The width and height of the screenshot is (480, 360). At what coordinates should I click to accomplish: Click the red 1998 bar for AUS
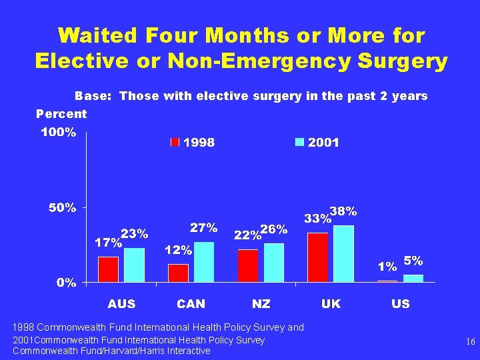click(108, 269)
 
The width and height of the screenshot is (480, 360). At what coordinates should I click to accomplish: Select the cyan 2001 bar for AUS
click(134, 265)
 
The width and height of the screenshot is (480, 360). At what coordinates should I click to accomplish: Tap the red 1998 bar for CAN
click(178, 273)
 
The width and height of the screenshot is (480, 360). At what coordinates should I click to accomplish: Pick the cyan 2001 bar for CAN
click(204, 262)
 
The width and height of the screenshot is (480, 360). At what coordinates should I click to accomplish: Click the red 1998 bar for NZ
click(248, 265)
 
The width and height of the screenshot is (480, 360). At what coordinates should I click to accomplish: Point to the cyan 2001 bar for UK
click(343, 253)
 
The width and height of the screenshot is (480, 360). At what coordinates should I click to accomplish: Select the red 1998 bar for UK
click(318, 257)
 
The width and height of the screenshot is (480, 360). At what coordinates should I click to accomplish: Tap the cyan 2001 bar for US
click(413, 278)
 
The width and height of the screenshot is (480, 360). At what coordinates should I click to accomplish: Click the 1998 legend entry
click(193, 143)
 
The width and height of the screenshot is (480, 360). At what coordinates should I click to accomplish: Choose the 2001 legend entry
click(317, 143)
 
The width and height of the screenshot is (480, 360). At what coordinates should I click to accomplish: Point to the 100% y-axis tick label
click(59, 133)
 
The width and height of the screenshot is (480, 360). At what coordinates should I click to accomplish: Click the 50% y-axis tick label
click(62, 208)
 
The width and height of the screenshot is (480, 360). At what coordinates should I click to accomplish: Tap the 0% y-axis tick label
click(65, 283)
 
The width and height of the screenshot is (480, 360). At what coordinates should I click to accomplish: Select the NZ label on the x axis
click(261, 304)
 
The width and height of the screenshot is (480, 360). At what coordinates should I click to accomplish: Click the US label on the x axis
click(401, 304)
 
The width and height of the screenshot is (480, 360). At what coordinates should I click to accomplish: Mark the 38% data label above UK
click(344, 211)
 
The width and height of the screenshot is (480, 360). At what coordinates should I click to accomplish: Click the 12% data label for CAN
click(178, 251)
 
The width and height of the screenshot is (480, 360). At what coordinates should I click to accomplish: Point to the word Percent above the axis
click(61, 113)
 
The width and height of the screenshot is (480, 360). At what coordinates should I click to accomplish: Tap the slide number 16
click(471, 341)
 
